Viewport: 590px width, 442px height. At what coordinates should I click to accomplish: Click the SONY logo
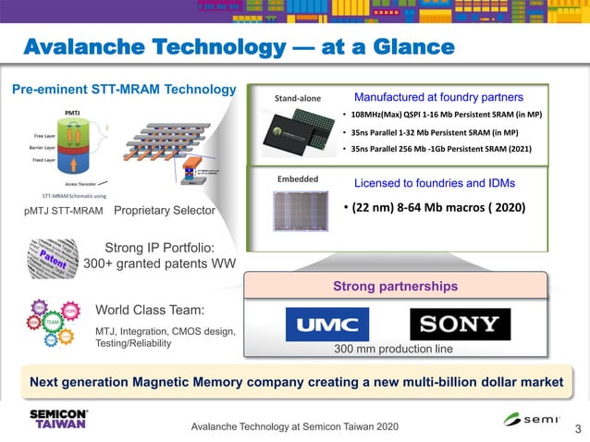460,325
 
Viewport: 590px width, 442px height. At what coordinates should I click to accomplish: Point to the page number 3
578,428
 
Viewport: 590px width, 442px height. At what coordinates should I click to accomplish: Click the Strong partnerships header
395,287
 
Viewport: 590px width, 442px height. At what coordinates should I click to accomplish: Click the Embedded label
298,178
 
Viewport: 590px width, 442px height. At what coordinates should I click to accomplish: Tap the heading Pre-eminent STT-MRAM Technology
123,90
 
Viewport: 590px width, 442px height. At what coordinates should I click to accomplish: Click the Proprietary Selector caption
164,211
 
